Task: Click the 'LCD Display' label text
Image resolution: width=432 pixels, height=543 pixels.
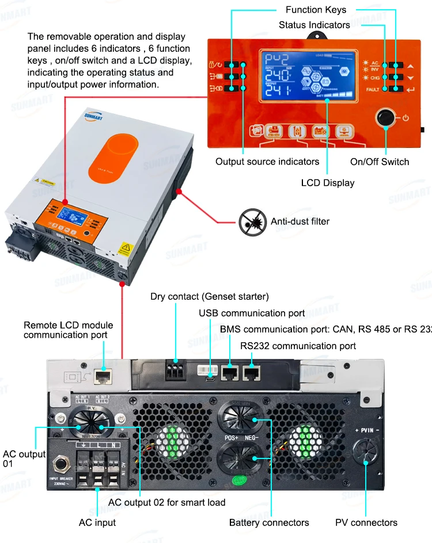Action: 328,183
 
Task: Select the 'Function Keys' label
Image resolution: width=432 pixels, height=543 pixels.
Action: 316,10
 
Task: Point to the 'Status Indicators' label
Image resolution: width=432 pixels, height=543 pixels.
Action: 314,25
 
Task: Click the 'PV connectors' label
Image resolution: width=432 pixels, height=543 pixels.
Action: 366,523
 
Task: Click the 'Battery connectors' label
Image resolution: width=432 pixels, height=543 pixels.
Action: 269,523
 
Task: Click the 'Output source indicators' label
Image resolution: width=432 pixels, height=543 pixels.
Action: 267,162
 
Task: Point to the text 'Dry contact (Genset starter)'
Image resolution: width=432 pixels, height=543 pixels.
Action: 210,297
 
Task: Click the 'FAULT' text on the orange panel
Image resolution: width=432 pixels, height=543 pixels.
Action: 373,90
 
